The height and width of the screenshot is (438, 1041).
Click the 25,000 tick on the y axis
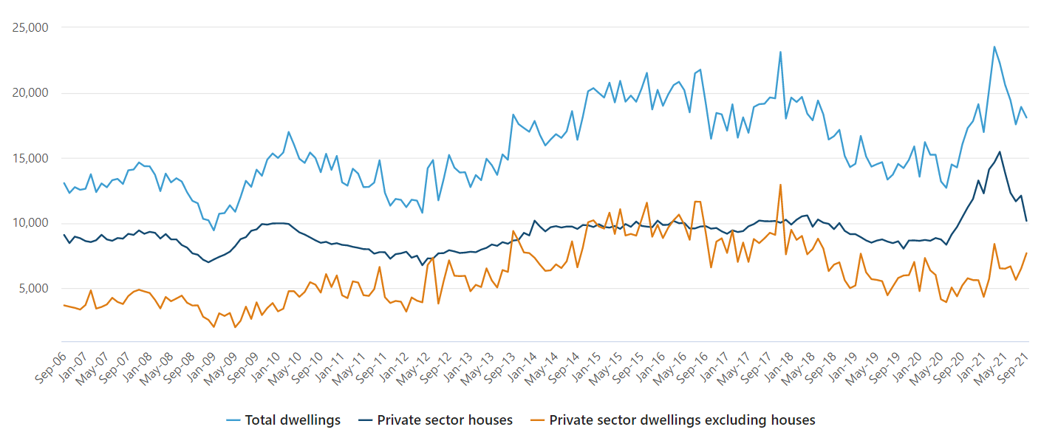tap(31, 28)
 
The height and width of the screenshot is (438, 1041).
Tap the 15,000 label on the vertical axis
tap(31, 158)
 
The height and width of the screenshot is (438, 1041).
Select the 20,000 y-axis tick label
tap(31, 93)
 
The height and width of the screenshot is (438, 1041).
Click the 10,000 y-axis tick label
tap(31, 223)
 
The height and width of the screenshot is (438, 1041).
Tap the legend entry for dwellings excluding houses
tap(672, 420)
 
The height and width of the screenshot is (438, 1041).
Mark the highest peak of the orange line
tap(780, 185)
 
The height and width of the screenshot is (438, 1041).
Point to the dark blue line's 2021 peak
tap(1000, 152)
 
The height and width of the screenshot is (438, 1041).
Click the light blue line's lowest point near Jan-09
tap(214, 230)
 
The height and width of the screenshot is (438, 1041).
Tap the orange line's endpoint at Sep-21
tap(1026, 253)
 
